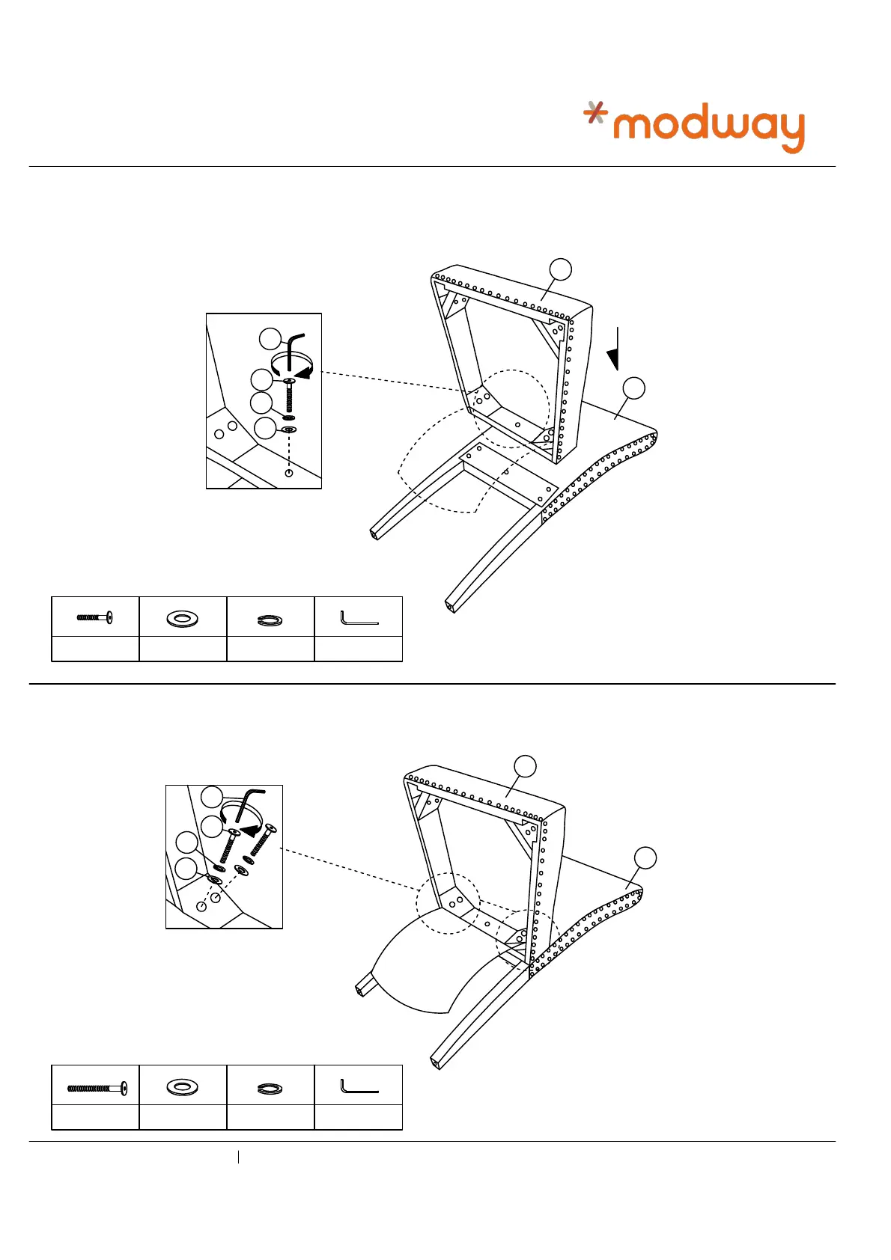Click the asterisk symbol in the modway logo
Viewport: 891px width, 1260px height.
pos(596,113)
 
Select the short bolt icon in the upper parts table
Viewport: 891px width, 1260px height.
pos(95,617)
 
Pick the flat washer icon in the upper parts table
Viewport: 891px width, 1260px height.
pos(183,619)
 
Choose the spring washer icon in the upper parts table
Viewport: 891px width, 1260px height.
pos(270,620)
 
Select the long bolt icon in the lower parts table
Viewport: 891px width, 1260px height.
pos(97,1088)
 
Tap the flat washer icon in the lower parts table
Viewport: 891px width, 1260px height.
pos(183,1086)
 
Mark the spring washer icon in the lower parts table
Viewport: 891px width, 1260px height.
pos(270,1088)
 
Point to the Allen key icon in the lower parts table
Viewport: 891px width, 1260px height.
pos(359,1086)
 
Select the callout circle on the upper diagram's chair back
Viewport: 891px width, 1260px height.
pos(560,269)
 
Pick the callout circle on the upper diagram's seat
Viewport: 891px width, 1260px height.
pos(633,388)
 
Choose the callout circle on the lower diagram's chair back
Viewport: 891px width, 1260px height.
pos(526,766)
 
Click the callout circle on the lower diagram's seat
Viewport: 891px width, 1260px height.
pos(645,857)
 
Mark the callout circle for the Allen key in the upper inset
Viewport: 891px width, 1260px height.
pos(270,339)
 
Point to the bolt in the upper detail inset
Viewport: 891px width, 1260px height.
pos(288,394)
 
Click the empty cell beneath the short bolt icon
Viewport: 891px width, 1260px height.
pos(95,649)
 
